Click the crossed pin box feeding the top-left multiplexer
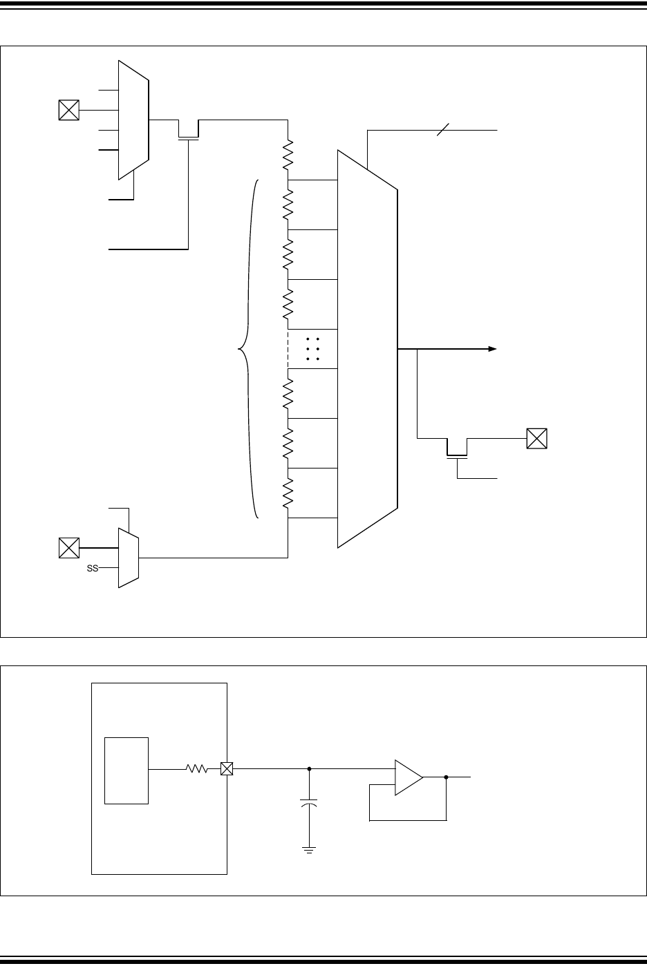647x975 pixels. point(69,110)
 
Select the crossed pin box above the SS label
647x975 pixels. point(69,548)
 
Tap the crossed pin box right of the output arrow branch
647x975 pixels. point(536,439)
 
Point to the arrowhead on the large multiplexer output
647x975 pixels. point(492,350)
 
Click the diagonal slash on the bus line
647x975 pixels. point(442,129)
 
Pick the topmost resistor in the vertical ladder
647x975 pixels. point(288,155)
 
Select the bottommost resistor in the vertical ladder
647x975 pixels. point(288,492)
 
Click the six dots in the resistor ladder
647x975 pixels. point(311,350)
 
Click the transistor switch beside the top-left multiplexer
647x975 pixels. point(188,131)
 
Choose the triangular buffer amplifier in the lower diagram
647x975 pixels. point(408,777)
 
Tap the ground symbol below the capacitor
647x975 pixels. point(309,849)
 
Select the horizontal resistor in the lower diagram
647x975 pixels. point(197,768)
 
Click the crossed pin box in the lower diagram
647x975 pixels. point(227,768)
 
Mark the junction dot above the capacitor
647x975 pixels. point(309,768)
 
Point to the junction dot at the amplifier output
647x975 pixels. point(447,777)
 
